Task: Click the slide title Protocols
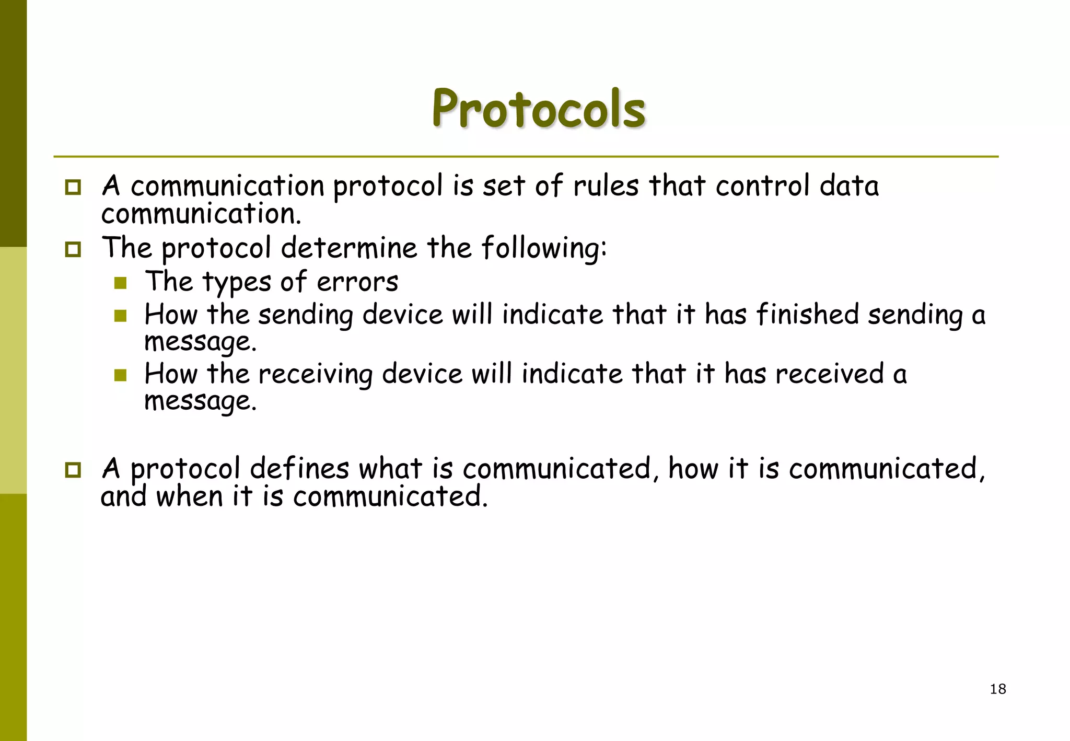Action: tap(539, 109)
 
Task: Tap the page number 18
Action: tap(997, 689)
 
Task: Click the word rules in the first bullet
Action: tap(606, 186)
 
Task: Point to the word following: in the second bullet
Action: tap(544, 248)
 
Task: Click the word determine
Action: tap(349, 248)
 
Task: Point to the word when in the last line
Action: tap(189, 496)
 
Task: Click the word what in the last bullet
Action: tap(390, 468)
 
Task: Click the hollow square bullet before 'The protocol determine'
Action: tap(73, 249)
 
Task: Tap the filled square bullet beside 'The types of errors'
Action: tap(121, 283)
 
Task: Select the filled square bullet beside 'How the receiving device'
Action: tap(121, 375)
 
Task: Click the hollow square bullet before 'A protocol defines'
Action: tap(73, 470)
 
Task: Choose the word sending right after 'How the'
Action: tap(306, 316)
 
